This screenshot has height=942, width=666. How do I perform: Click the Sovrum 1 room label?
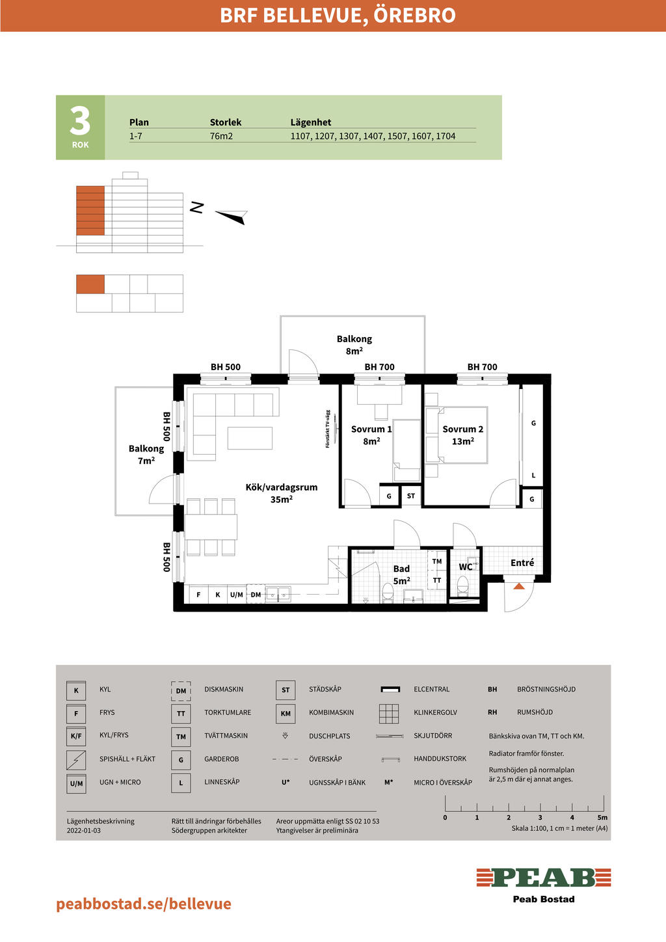tap(371, 435)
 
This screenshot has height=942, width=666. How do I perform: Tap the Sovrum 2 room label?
tap(462, 435)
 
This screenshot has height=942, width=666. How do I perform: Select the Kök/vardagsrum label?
tap(281, 493)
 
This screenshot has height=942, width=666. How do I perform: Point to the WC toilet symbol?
tap(462, 585)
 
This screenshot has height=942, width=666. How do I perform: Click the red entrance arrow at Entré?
tap(519, 585)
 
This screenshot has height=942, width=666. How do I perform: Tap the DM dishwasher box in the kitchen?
tap(256, 595)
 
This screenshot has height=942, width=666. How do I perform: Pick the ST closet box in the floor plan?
tap(411, 496)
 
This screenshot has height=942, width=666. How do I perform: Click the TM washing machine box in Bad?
tap(437, 561)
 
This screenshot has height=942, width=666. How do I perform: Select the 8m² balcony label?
tap(354, 345)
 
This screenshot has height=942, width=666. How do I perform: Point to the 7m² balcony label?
tap(146, 455)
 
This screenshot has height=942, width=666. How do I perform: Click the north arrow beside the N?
tap(232, 217)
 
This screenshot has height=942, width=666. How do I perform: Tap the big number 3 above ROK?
tap(80, 121)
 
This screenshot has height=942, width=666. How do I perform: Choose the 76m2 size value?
tap(221, 136)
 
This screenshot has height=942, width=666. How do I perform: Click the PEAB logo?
tap(544, 878)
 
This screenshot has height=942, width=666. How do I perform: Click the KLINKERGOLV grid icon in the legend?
tap(389, 714)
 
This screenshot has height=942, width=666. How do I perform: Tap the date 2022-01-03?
tap(84, 831)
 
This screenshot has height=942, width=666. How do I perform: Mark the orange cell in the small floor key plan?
tap(90, 284)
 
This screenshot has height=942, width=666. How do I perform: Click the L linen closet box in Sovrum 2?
tap(533, 476)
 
